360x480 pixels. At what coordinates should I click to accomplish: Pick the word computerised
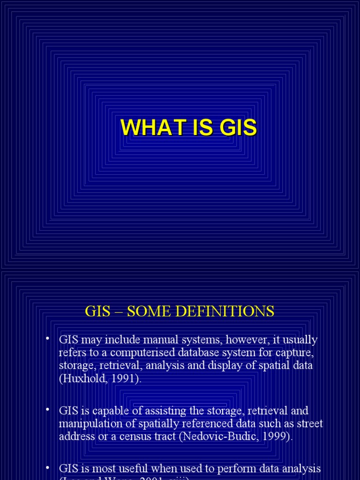tap(125, 352)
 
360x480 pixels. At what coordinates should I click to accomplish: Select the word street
tap(309, 424)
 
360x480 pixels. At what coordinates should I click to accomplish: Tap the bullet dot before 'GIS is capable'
tap(48, 410)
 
